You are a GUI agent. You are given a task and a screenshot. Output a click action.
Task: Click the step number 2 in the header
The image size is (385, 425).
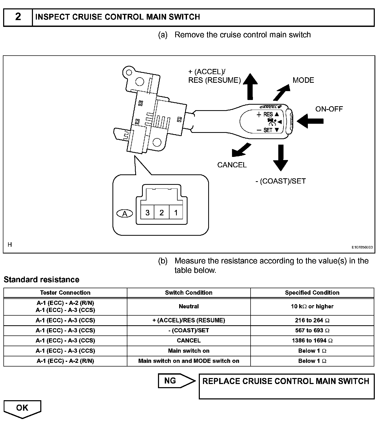tap(18, 17)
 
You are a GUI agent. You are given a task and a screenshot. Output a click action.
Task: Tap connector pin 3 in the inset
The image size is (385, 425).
tap(148, 213)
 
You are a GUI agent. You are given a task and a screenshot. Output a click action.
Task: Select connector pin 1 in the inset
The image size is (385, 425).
tap(176, 213)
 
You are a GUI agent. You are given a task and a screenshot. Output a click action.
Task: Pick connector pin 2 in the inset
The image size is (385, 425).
tap(162, 213)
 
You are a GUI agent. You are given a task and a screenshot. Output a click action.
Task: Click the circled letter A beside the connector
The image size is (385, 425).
tap(125, 214)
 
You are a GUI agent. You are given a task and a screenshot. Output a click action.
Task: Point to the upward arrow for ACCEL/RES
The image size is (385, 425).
tap(250, 86)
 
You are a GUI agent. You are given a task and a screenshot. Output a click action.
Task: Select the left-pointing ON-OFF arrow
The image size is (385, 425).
tap(310, 121)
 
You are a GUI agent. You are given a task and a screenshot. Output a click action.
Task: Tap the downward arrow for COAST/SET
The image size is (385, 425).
tap(281, 157)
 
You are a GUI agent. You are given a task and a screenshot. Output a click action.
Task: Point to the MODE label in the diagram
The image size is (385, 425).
tap(303, 80)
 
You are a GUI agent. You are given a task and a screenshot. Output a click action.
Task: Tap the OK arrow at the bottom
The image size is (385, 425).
tap(22, 409)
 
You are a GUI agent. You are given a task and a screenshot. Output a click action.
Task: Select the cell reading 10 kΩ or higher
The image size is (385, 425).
tap(312, 306)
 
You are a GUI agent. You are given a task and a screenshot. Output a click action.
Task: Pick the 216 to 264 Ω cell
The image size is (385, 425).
tap(312, 320)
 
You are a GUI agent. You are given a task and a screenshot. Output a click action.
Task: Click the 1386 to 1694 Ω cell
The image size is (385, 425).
tap(312, 340)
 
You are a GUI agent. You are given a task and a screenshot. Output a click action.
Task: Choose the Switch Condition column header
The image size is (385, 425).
tap(189, 293)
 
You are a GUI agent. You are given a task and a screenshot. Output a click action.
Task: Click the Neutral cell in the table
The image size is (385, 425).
tap(189, 306)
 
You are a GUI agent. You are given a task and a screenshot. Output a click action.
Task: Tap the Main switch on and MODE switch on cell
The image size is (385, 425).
tap(189, 361)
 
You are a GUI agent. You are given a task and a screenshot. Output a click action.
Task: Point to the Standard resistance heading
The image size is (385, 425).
tap(41, 280)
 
